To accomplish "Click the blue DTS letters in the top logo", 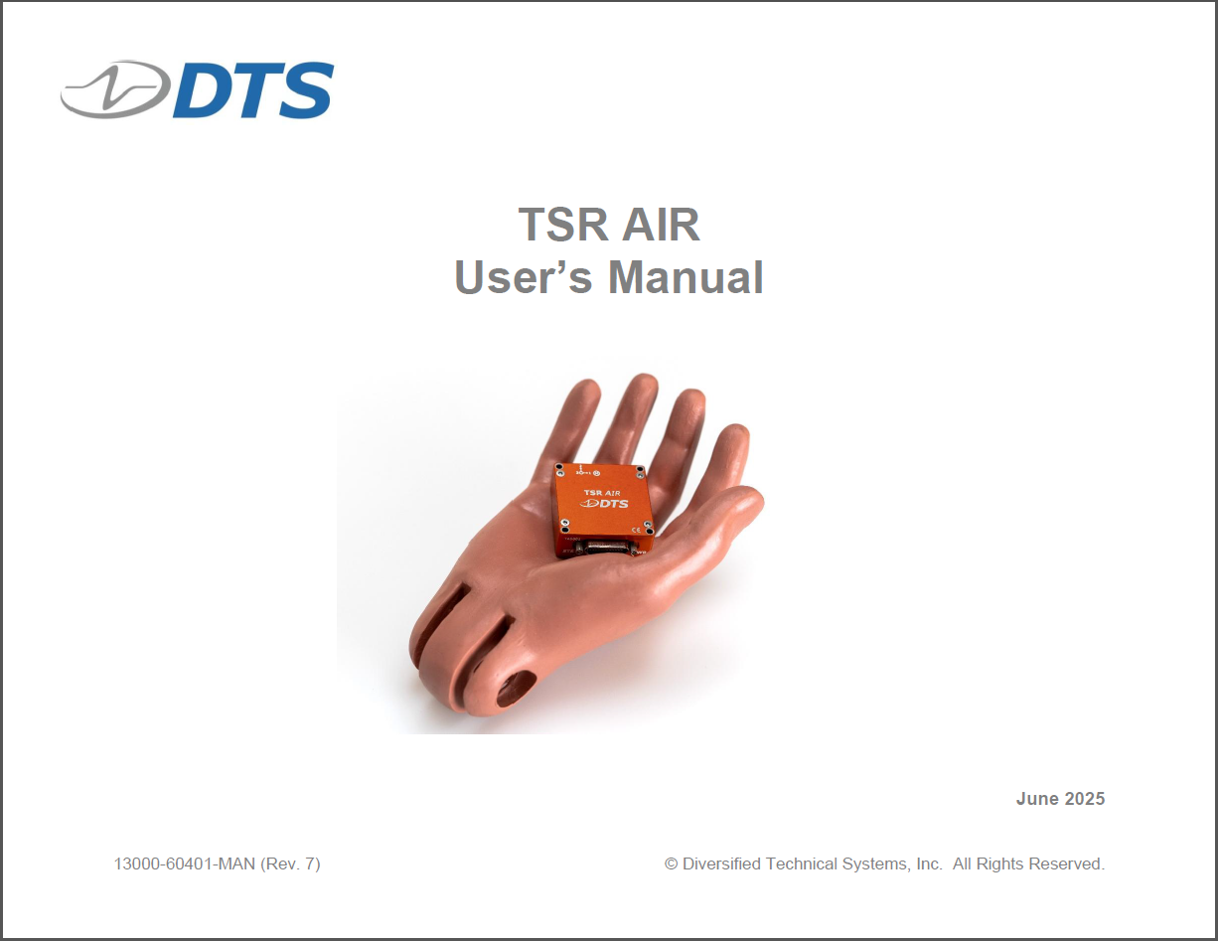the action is tap(253, 89).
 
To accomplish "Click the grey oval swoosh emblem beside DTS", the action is tap(115, 89).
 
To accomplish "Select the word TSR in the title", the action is tap(562, 225).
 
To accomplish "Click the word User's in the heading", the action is tap(523, 276).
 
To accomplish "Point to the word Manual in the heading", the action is tap(685, 276).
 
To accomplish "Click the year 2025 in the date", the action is tap(1085, 799).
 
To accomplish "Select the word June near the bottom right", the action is tap(1037, 799).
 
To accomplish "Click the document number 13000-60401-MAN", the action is tap(185, 863).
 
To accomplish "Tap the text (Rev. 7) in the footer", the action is tap(290, 864).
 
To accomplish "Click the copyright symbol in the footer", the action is tap(671, 863).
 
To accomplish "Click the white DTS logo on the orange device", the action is tap(604, 503).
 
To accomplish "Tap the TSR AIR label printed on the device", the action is tap(602, 493).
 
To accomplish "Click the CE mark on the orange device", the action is tap(636, 529).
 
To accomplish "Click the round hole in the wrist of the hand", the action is tap(516, 690).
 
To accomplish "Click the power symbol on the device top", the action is tap(596, 474).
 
